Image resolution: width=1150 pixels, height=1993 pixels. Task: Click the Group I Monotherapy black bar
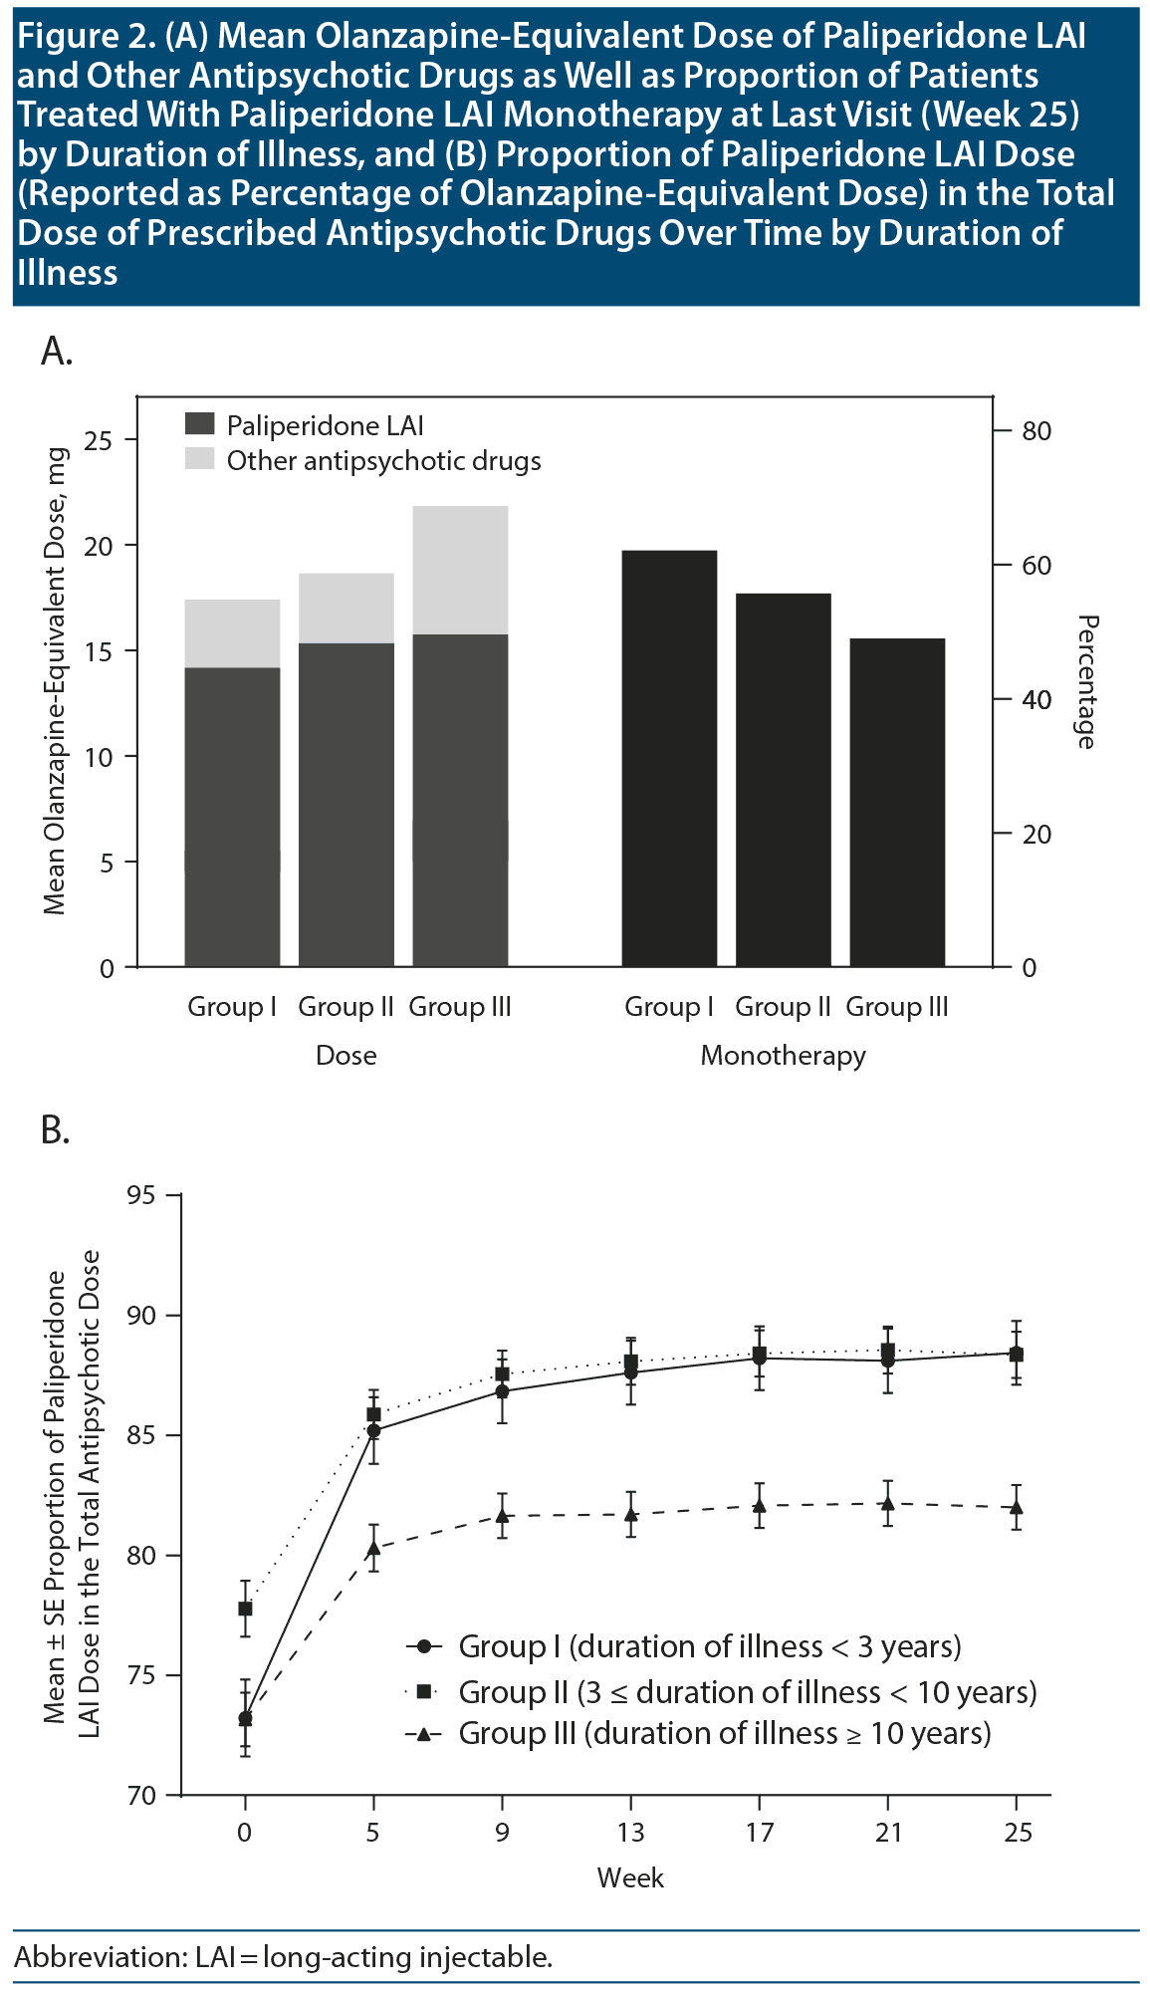[x=669, y=757]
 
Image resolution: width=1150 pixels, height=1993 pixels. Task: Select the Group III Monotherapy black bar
[x=896, y=802]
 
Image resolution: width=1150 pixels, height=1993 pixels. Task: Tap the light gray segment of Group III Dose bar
[x=460, y=570]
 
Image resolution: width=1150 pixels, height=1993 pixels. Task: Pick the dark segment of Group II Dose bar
[x=346, y=805]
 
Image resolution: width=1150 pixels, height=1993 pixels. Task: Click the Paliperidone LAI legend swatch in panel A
[x=200, y=425]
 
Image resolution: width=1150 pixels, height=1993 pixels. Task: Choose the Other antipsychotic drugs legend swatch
[x=200, y=460]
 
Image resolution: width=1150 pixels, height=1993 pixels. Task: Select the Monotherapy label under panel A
[x=783, y=1056]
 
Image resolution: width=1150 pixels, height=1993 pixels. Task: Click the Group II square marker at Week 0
[x=245, y=1608]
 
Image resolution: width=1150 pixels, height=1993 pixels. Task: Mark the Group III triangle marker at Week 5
[x=373, y=1548]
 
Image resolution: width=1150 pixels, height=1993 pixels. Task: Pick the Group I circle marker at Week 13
[x=630, y=1371]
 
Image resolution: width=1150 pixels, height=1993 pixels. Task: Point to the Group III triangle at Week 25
[x=1016, y=1507]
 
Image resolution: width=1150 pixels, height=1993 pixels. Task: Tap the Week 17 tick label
[x=760, y=1833]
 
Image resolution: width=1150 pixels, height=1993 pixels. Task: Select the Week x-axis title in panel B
[x=630, y=1878]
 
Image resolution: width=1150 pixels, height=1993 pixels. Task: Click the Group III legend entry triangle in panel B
[x=424, y=1734]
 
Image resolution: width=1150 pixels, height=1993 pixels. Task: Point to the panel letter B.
[x=56, y=1129]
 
